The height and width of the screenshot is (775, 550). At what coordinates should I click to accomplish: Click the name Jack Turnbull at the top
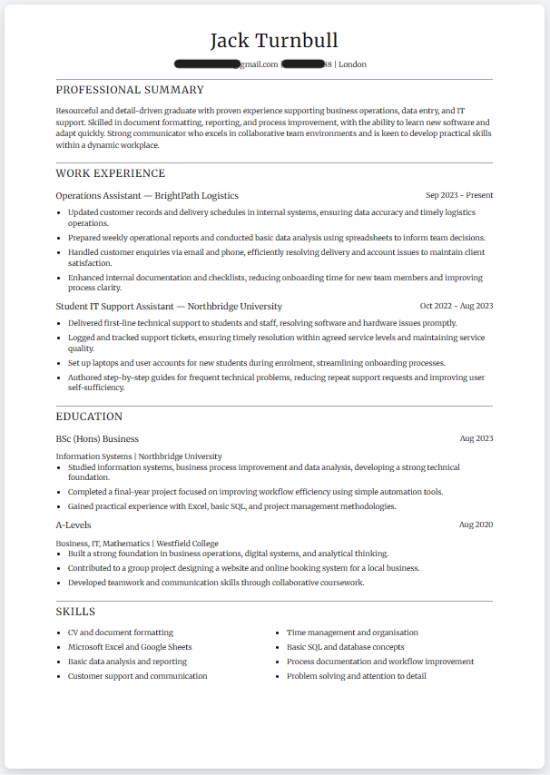pos(274,41)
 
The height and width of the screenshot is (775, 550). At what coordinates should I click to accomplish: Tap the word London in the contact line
pos(353,64)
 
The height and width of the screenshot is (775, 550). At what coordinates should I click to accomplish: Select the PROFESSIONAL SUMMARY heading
pos(130,90)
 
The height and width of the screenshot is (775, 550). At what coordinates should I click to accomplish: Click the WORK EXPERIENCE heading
pos(111,173)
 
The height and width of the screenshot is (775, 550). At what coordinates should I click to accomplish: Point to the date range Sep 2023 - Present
pos(459,195)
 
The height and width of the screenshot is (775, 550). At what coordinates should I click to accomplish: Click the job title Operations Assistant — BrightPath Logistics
pos(147,195)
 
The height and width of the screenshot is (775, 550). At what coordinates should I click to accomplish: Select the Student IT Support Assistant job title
pos(169,306)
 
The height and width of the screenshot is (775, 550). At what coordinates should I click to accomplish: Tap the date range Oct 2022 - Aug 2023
pos(457,306)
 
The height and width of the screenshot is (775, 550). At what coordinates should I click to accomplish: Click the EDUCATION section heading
pos(89,417)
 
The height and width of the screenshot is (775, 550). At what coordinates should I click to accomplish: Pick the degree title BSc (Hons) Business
pos(97,438)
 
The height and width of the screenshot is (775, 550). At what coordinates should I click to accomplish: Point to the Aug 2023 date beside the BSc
pos(476,438)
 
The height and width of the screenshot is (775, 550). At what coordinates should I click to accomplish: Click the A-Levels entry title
pos(74,525)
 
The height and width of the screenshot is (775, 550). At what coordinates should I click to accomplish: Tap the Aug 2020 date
pos(476,525)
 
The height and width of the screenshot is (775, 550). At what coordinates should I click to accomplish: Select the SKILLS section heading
pos(75,612)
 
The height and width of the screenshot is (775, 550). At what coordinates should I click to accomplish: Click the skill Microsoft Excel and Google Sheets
pos(130,647)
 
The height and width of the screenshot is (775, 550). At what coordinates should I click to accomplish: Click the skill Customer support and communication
pos(137,676)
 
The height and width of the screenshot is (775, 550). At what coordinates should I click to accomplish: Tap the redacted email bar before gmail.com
pos(208,64)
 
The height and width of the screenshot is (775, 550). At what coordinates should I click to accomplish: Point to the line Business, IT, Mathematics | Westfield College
pos(137,544)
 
